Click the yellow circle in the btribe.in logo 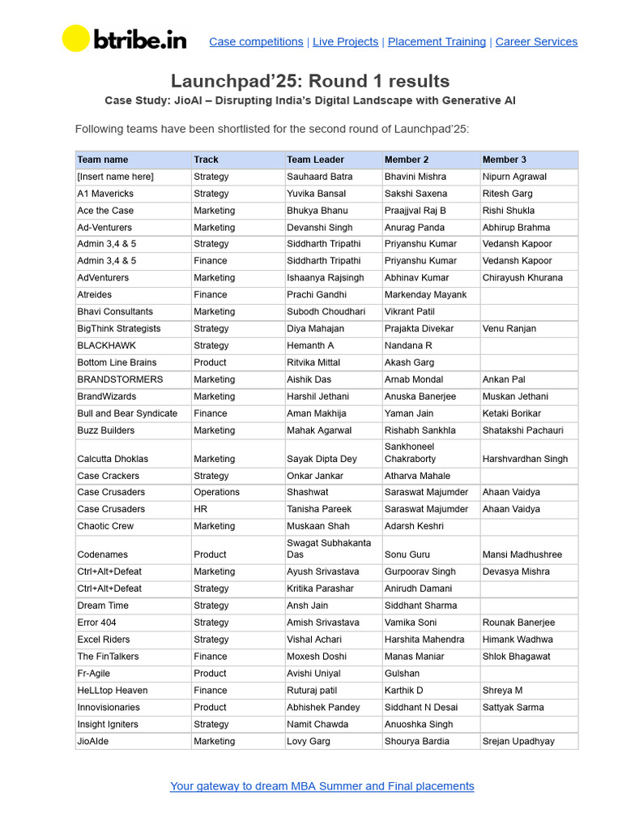click(76, 39)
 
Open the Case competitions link click(256, 42)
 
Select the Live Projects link click(345, 42)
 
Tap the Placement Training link click(437, 42)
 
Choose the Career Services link click(536, 42)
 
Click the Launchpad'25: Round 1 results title click(310, 81)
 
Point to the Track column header click(206, 160)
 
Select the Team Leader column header click(315, 160)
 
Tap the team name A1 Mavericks click(105, 194)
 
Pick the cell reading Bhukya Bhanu click(317, 211)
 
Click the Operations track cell click(216, 492)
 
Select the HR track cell click(200, 509)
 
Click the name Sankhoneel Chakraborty click(410, 452)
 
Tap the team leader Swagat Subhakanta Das click(328, 549)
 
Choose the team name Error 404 click(96, 622)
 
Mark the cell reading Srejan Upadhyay click(518, 741)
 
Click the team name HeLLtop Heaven click(112, 691)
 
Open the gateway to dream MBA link click(322, 786)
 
